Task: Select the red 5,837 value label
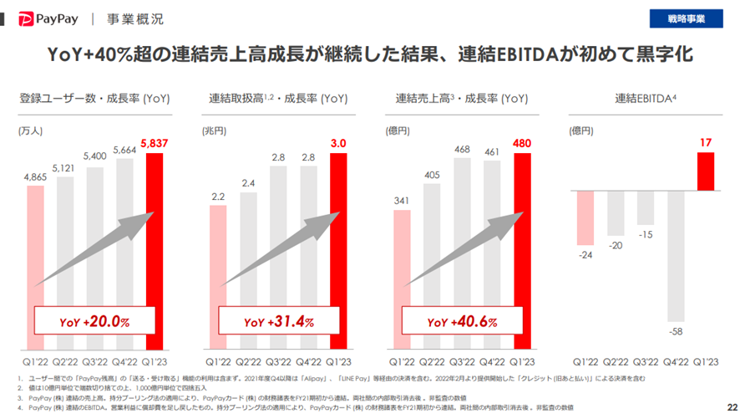point(156,143)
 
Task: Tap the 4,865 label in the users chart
point(36,176)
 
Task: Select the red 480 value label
point(523,143)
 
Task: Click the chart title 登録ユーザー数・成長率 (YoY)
point(94,100)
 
